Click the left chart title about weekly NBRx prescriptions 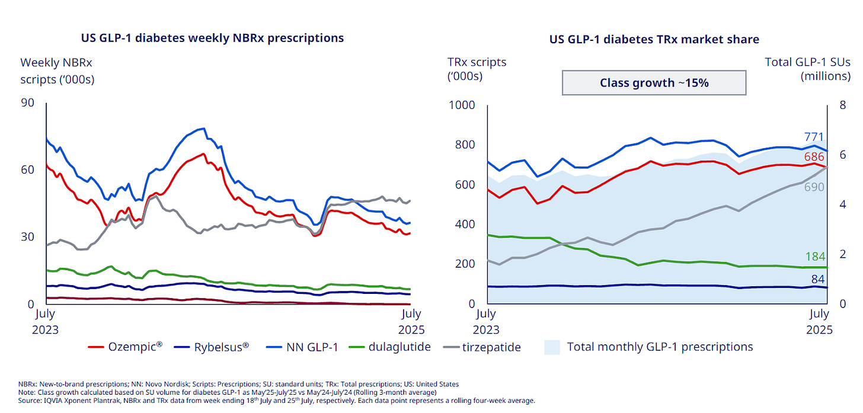pos(212,38)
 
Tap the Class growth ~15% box pos(654,83)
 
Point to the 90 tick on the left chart pos(27,104)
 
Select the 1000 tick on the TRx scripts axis pos(462,105)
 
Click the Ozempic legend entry pos(125,347)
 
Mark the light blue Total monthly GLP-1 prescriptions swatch pos(552,347)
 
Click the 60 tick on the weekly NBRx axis pos(27,169)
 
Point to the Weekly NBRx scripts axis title pos(57,71)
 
